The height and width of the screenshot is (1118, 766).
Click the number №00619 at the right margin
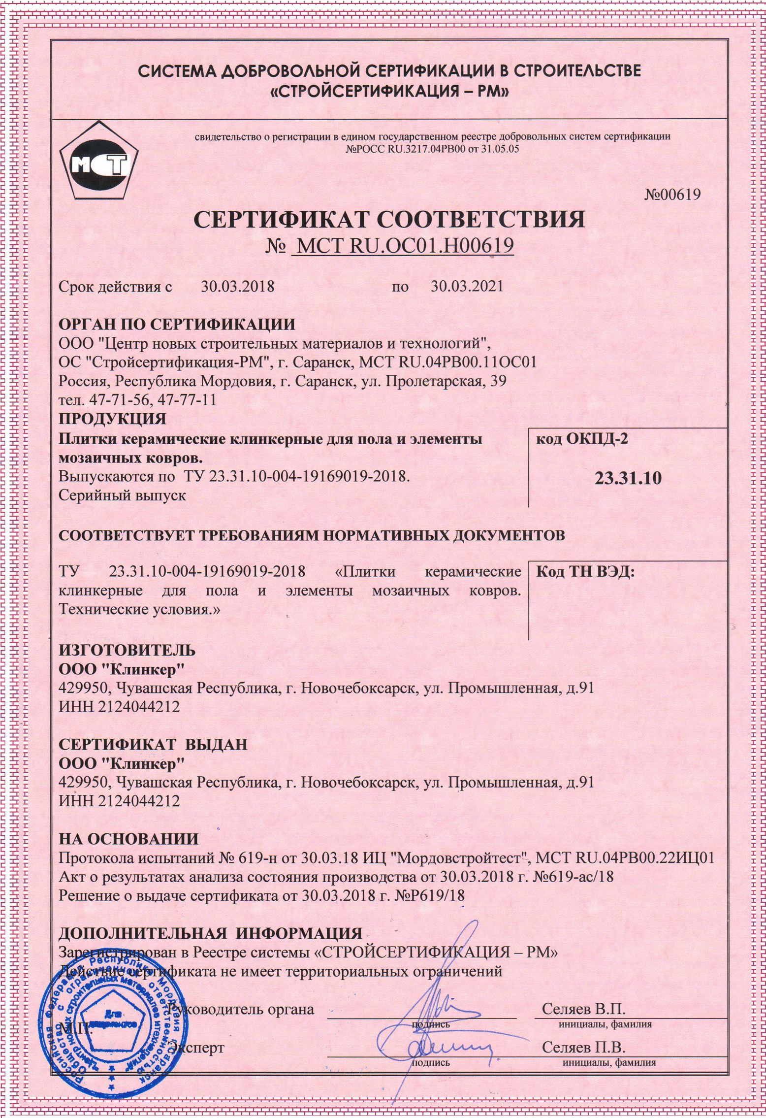(672, 195)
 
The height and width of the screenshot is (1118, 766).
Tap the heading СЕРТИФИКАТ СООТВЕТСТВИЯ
(390, 219)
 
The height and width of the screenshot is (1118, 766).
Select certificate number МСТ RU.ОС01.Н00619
(403, 246)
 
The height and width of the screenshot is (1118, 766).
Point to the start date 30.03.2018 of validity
(238, 287)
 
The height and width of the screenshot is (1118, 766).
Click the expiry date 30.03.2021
(467, 287)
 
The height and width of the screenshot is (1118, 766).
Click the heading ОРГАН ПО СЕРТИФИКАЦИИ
(177, 325)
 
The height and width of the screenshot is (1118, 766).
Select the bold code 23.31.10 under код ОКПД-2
(628, 478)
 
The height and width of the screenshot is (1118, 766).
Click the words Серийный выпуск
(122, 495)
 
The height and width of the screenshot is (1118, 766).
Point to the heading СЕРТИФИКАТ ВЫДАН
(153, 745)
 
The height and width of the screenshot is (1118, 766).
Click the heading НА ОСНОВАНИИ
(129, 839)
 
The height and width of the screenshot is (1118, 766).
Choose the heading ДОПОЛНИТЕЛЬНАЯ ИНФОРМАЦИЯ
(211, 933)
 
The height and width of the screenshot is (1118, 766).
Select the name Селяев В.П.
(583, 995)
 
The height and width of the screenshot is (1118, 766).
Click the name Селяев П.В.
(583, 1047)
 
